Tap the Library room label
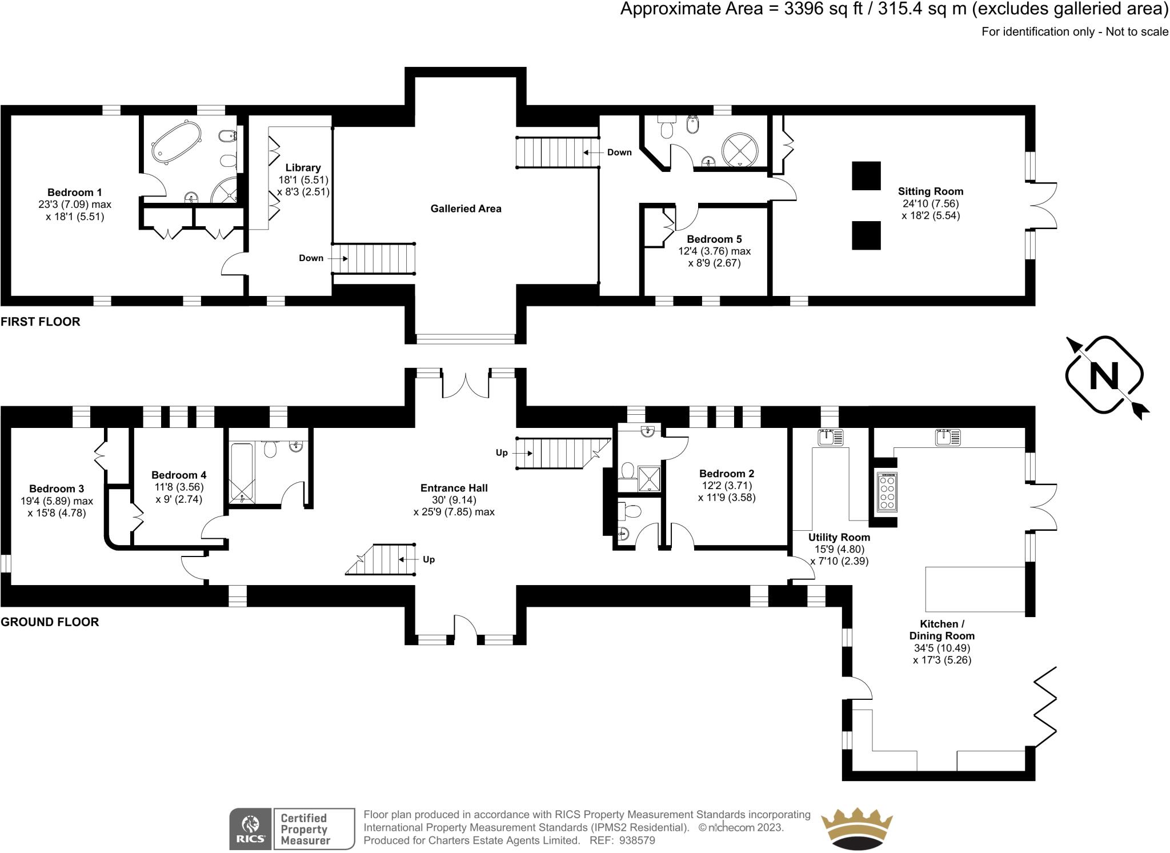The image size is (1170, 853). (x=303, y=167)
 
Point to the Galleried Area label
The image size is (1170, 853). (x=466, y=209)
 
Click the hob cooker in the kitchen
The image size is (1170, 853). (x=887, y=492)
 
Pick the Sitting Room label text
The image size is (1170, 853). (x=930, y=191)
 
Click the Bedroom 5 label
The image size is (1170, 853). (x=714, y=239)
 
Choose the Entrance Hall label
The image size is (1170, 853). (x=454, y=488)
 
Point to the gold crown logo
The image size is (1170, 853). (x=856, y=828)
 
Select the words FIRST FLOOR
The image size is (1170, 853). (x=41, y=322)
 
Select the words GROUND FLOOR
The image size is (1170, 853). (x=50, y=622)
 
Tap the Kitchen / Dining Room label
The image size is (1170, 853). (x=942, y=630)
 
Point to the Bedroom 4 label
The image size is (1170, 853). (x=179, y=475)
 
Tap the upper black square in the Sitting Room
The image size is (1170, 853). (x=866, y=175)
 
